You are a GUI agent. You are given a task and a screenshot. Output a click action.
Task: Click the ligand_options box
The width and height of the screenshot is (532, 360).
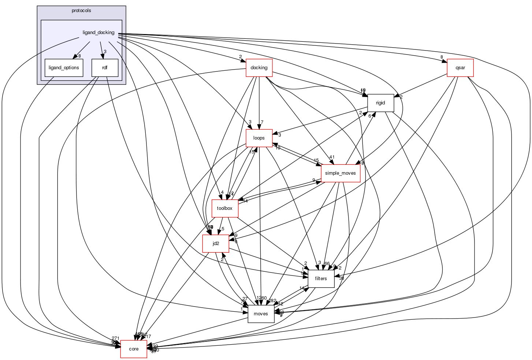pyautogui.click(x=64, y=68)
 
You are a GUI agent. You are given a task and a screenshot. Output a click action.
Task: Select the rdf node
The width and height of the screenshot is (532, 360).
pyautogui.click(x=105, y=68)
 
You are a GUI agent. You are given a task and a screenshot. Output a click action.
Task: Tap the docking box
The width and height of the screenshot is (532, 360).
pyautogui.click(x=259, y=68)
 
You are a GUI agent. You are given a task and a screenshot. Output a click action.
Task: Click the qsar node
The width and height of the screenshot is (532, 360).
pyautogui.click(x=460, y=68)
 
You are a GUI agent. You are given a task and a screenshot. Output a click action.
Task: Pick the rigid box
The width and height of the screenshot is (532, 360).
pyautogui.click(x=380, y=103)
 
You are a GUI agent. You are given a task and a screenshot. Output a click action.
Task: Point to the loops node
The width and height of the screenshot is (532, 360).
pyautogui.click(x=259, y=138)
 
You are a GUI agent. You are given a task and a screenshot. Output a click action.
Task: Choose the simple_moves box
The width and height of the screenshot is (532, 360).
pyautogui.click(x=341, y=173)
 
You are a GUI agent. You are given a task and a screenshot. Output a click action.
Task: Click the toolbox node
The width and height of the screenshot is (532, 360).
pyautogui.click(x=225, y=208)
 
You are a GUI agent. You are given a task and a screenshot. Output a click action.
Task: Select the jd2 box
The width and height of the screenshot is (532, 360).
pyautogui.click(x=216, y=244)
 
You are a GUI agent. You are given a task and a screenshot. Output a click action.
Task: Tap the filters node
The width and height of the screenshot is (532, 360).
pyautogui.click(x=321, y=279)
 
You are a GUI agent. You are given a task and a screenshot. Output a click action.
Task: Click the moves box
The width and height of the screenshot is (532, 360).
pyautogui.click(x=261, y=314)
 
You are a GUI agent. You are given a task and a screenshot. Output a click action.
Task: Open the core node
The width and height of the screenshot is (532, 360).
pyautogui.click(x=134, y=349)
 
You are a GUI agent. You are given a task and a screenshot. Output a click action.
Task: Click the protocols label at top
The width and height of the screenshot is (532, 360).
pyautogui.click(x=81, y=11)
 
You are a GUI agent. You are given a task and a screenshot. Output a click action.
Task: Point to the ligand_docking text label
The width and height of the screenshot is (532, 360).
pyautogui.click(x=98, y=33)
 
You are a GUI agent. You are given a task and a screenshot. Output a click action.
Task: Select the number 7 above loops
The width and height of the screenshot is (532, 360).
pyautogui.click(x=262, y=122)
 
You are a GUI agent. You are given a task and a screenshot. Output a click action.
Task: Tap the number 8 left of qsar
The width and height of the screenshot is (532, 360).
pyautogui.click(x=442, y=57)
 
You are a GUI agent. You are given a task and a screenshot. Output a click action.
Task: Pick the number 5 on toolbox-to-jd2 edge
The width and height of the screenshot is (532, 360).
pyautogui.click(x=223, y=229)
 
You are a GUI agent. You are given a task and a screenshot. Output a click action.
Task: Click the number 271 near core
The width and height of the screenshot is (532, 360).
pyautogui.click(x=116, y=338)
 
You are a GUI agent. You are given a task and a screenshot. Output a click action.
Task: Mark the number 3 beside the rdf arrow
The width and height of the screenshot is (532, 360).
pyautogui.click(x=105, y=52)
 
